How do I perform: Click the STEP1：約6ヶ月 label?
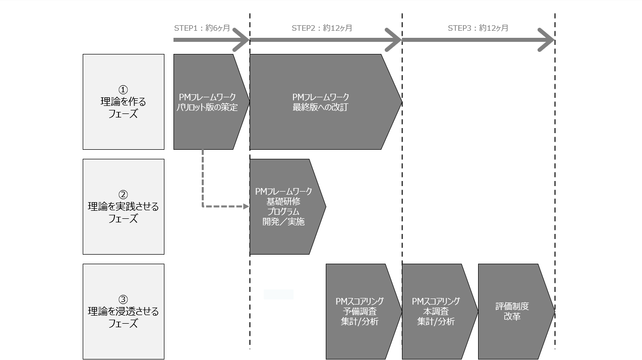(202, 28)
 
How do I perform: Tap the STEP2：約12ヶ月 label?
(322, 28)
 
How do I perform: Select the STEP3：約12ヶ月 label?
(478, 28)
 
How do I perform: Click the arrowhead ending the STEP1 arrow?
(243, 40)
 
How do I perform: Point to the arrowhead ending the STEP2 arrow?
(395, 40)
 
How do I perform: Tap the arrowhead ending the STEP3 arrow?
(548, 40)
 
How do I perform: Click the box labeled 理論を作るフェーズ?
(124, 102)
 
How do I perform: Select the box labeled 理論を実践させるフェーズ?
(124, 207)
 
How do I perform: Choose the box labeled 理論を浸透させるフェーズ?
(124, 312)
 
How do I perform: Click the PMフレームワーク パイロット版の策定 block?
(208, 102)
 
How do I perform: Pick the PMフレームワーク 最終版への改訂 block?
(321, 102)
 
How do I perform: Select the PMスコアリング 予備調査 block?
(360, 312)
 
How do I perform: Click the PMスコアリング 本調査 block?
(436, 312)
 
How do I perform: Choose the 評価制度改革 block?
(512, 312)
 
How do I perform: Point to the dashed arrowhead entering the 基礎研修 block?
(247, 206)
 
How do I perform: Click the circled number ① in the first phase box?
(124, 90)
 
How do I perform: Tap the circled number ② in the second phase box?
(124, 195)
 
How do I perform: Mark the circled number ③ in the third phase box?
(124, 299)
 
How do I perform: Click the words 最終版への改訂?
(320, 107)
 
